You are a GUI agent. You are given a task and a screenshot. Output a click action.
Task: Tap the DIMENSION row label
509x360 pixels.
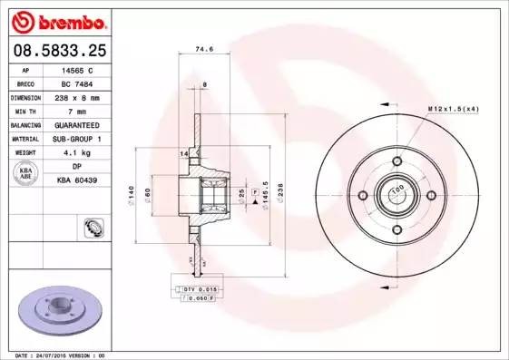26,96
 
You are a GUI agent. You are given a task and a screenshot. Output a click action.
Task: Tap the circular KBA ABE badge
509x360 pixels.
26,172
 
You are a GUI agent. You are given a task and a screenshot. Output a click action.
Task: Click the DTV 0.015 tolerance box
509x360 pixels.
193,287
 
